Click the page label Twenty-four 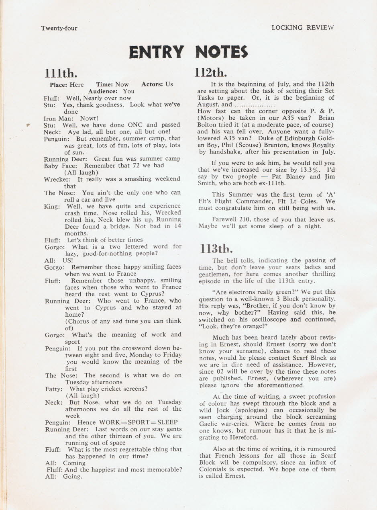coord(59,28)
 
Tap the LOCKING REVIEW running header coord(303,28)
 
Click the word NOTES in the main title coord(221,52)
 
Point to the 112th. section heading coord(211,72)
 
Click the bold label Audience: coord(105,91)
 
